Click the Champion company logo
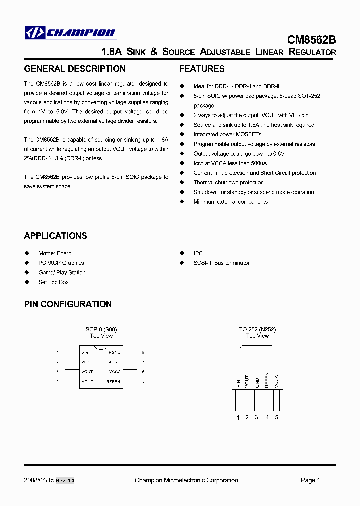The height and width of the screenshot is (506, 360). click(x=71, y=33)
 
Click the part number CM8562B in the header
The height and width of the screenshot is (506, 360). click(x=311, y=40)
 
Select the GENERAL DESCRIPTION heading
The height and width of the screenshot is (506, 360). click(x=75, y=69)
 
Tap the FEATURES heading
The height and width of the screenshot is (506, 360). click(x=202, y=69)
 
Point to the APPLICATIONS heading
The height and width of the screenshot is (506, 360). click(x=55, y=236)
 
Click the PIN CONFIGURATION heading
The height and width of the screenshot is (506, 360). click(x=68, y=304)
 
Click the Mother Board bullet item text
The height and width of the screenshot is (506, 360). click(x=55, y=253)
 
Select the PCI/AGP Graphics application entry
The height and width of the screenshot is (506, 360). click(x=61, y=263)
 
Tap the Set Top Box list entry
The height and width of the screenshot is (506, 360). click(x=54, y=282)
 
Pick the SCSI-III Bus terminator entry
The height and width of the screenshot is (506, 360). click(x=221, y=263)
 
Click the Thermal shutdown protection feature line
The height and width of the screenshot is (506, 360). click(x=228, y=182)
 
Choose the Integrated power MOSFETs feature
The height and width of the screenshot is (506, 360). click(x=227, y=134)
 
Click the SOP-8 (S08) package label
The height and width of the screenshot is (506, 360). click(x=101, y=330)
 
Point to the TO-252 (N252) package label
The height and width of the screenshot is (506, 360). click(x=257, y=330)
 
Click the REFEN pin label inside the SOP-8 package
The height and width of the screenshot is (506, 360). click(x=113, y=381)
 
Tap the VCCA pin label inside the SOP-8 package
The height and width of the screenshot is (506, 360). click(x=115, y=372)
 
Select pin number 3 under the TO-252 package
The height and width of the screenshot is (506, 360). click(x=256, y=417)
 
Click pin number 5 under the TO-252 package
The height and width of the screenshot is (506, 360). click(x=276, y=417)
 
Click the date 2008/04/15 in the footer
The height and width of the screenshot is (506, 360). click(x=38, y=480)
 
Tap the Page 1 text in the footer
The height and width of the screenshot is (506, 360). click(x=310, y=480)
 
